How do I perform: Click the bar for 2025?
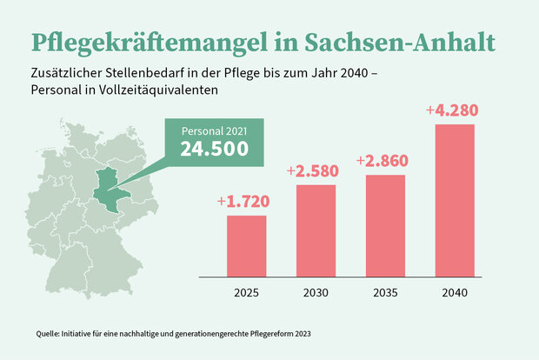246,245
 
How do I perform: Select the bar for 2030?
316,230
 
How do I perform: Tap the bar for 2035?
385,225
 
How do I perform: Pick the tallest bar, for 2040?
455,200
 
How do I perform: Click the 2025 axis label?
246,293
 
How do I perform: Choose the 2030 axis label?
316,293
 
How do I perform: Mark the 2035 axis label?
385,293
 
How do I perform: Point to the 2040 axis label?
455,293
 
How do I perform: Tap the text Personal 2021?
214,130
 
